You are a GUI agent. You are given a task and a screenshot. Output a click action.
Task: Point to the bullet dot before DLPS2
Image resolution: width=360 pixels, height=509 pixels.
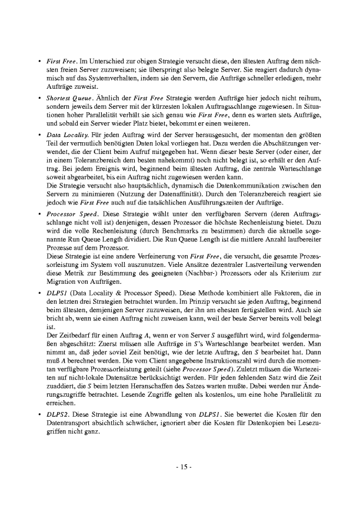coord(39,414)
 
